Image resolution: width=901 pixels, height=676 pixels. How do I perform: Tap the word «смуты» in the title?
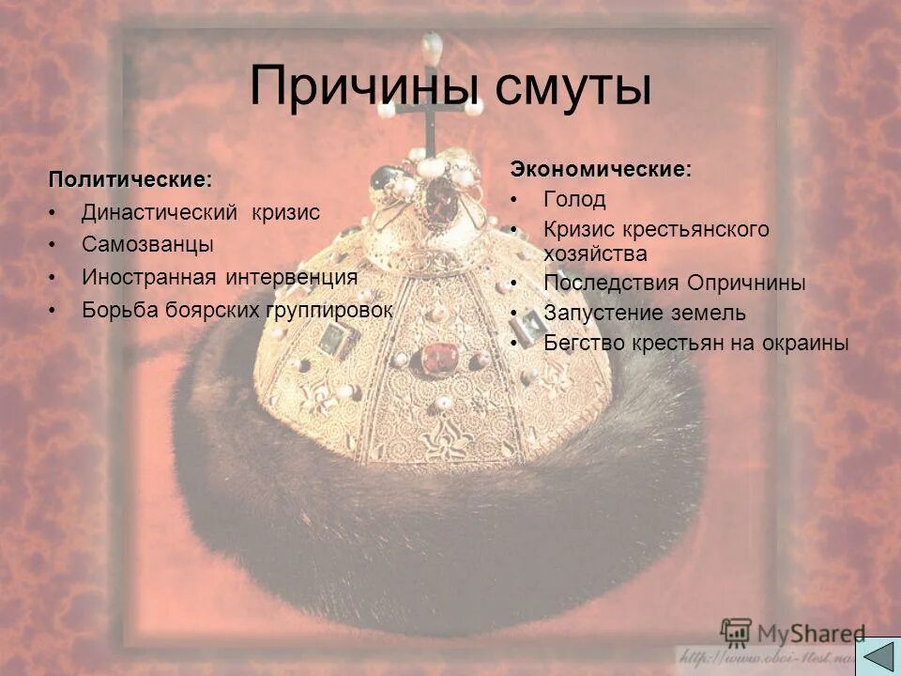[573, 86]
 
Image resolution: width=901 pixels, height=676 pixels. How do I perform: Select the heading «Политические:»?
[130, 178]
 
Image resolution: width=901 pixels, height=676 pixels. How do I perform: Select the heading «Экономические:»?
[601, 170]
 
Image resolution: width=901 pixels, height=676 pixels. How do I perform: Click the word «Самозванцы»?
[147, 245]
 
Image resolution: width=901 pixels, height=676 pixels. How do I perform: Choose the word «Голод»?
[574, 199]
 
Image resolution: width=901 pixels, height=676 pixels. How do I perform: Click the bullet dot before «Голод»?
[515, 200]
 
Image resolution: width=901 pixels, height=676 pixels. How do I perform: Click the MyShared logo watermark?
[793, 632]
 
